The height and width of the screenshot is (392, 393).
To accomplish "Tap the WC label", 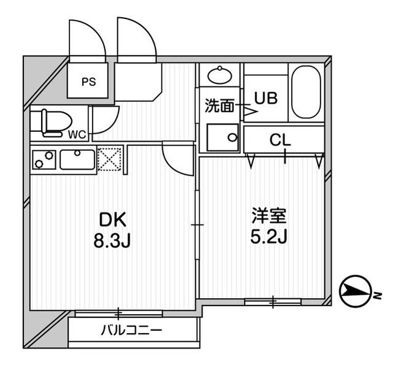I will point(77,134).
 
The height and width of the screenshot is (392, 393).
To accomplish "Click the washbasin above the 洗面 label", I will point(219,76).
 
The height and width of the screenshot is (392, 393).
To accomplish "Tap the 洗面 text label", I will point(219,106).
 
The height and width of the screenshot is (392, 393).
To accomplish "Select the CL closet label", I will point(281,140).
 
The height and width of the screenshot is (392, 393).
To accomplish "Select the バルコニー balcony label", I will point(131,331).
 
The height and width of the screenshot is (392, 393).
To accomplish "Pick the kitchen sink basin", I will point(77,160).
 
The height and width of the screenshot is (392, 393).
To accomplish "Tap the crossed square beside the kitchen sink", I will point(109,159).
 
